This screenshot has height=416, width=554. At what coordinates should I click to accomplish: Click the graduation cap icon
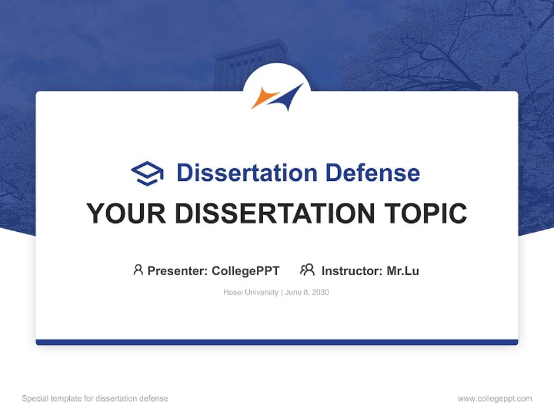coord(147,173)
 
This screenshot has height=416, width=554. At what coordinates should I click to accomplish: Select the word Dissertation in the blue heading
coord(247,173)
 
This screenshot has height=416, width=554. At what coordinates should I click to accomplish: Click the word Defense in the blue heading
coord(373,173)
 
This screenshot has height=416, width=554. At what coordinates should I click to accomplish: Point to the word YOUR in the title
coord(126,213)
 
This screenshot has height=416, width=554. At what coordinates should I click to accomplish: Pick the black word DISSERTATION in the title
coord(275,213)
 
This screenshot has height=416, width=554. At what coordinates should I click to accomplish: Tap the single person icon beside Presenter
coord(138,270)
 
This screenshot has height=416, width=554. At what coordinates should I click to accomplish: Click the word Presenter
coord(177,271)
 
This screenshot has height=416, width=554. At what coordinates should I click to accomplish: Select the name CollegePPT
coord(246,271)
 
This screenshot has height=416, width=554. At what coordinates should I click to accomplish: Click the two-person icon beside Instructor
coord(308,270)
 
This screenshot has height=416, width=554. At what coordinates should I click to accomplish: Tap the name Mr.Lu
coord(403,271)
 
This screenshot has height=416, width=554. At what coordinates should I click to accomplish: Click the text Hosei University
coord(251,292)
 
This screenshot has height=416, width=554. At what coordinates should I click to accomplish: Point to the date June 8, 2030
coord(306,292)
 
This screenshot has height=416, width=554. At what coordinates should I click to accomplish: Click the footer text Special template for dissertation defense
coord(95,399)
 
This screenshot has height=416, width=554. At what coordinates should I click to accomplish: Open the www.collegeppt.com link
coord(495,399)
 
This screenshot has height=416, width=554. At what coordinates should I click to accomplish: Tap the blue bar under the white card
coord(277,342)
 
